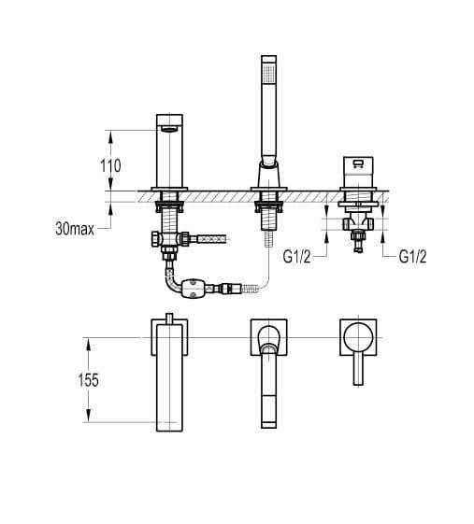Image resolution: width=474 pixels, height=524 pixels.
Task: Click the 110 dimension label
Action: (x=110, y=165)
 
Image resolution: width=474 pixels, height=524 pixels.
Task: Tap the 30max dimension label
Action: (x=75, y=229)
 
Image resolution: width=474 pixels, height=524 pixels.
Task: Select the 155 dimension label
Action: (x=88, y=380)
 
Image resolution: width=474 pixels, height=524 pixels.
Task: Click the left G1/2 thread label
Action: (x=296, y=257)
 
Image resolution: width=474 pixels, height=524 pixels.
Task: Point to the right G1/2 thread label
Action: (x=413, y=257)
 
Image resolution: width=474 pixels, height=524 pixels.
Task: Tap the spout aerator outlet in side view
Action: (x=170, y=129)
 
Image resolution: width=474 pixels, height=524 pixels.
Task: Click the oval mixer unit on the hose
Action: (x=192, y=289)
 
